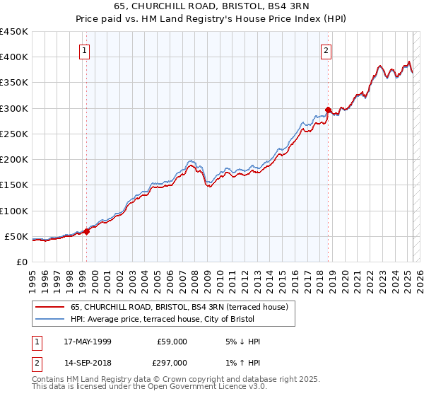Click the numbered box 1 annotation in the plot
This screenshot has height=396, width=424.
[x=84, y=50]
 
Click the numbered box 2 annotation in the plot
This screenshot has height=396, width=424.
[x=326, y=50]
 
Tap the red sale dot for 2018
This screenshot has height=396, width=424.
[x=328, y=110]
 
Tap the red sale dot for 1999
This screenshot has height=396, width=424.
[x=86, y=231]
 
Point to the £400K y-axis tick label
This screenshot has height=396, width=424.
[x=14, y=57]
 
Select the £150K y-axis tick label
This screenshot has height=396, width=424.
[x=14, y=185]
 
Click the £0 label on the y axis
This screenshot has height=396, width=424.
[x=21, y=262]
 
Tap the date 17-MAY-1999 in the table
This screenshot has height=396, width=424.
[x=87, y=342]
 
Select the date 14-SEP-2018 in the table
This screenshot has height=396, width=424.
[x=87, y=363]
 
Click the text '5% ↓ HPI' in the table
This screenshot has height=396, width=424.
[x=242, y=342]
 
